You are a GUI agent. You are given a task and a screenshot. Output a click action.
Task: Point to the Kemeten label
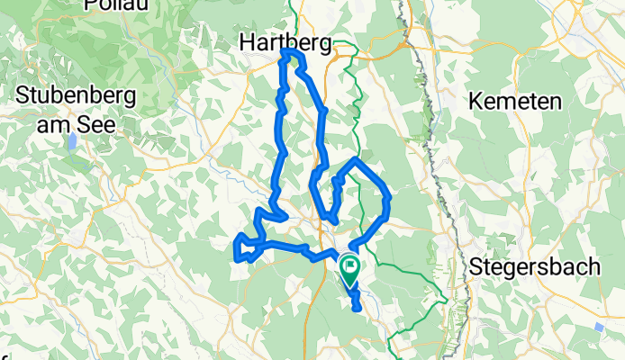pos(514,99)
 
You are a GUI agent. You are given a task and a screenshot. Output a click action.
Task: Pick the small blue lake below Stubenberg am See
pos(70,142)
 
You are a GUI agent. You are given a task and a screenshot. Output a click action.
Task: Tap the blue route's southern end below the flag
pos(358,308)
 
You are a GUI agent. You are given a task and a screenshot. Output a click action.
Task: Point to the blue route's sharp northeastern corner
pos(358,160)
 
